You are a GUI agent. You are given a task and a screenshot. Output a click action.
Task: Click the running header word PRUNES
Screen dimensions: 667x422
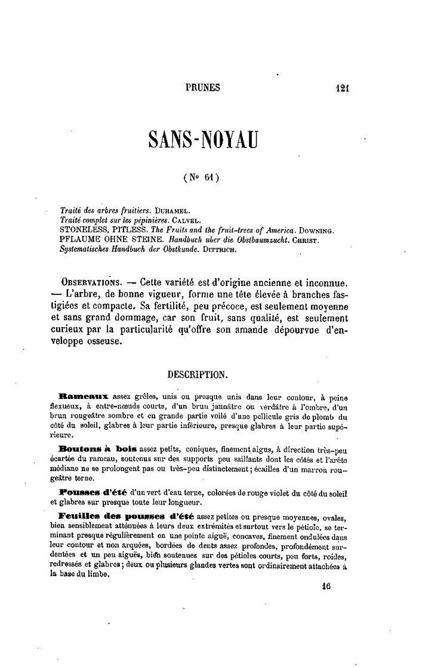click(203, 88)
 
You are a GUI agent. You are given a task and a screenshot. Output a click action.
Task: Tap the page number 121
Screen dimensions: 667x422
click(342, 88)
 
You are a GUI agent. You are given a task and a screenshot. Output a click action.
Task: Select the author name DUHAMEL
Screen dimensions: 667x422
click(173, 211)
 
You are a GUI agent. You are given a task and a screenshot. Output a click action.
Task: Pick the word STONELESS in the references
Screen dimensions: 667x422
click(84, 230)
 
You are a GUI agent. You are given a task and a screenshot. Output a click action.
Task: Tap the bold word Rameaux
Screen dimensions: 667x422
click(85, 396)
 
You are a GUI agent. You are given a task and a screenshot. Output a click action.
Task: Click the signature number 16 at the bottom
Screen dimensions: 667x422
click(325, 586)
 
